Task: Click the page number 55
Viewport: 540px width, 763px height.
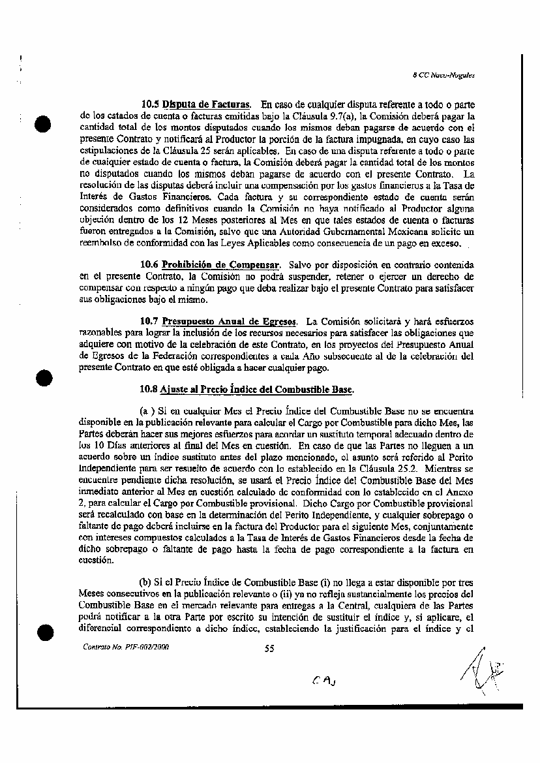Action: (269, 648)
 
